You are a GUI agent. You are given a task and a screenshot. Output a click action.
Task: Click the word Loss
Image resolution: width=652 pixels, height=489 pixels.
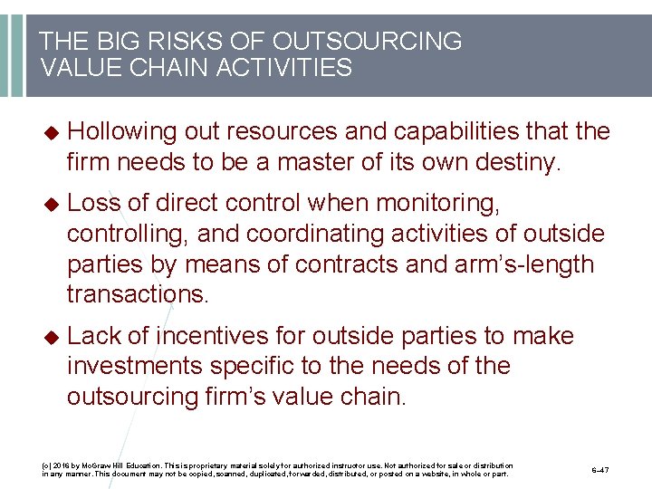95,204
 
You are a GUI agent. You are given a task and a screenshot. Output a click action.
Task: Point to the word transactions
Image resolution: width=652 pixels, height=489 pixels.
138,294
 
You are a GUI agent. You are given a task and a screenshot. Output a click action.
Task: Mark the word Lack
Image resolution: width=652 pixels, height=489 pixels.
95,336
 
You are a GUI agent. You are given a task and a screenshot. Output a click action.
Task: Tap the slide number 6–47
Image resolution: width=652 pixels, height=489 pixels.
600,471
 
